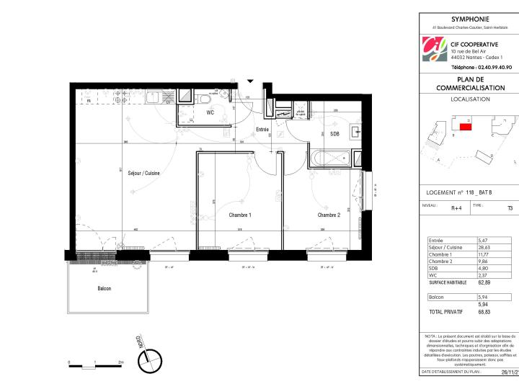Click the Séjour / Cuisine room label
point(144,173)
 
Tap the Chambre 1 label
point(240,215)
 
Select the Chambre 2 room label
point(329,215)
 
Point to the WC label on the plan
point(210,113)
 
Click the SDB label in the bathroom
point(334,134)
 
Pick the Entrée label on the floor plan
point(262,130)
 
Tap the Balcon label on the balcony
point(105,288)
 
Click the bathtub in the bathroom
point(333,158)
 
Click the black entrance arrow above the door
point(251,81)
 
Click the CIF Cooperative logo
point(435,50)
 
